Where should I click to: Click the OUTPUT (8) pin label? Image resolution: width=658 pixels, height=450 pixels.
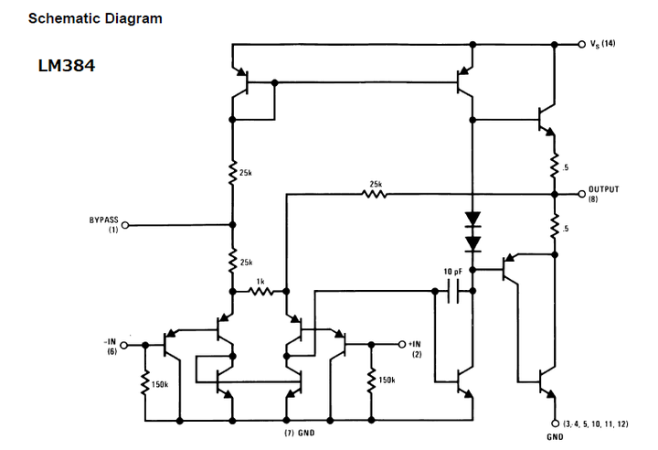pyautogui.click(x=603, y=194)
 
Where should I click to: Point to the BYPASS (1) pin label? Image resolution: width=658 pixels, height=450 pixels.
pyautogui.click(x=103, y=224)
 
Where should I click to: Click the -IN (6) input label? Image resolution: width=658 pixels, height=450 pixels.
pyautogui.click(x=110, y=345)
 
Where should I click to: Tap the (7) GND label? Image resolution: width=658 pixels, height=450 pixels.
pyautogui.click(x=299, y=432)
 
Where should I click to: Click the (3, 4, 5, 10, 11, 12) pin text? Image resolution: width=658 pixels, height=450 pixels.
pyautogui.click(x=595, y=424)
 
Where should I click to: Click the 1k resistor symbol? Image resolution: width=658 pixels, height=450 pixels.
pyautogui.click(x=260, y=293)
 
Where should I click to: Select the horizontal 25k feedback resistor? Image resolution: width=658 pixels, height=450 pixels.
pyautogui.click(x=376, y=194)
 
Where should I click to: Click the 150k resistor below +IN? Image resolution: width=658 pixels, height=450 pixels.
pyautogui.click(x=371, y=380)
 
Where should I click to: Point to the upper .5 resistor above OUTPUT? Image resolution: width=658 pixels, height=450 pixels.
pyautogui.click(x=554, y=167)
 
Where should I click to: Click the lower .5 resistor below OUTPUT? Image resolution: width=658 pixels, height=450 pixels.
pyautogui.click(x=554, y=227)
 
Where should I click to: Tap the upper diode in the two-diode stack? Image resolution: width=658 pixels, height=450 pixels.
pyautogui.click(x=472, y=220)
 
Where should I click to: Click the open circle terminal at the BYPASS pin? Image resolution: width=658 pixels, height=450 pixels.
pyautogui.click(x=126, y=224)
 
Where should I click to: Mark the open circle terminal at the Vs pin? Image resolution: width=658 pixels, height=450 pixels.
pyautogui.click(x=581, y=45)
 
